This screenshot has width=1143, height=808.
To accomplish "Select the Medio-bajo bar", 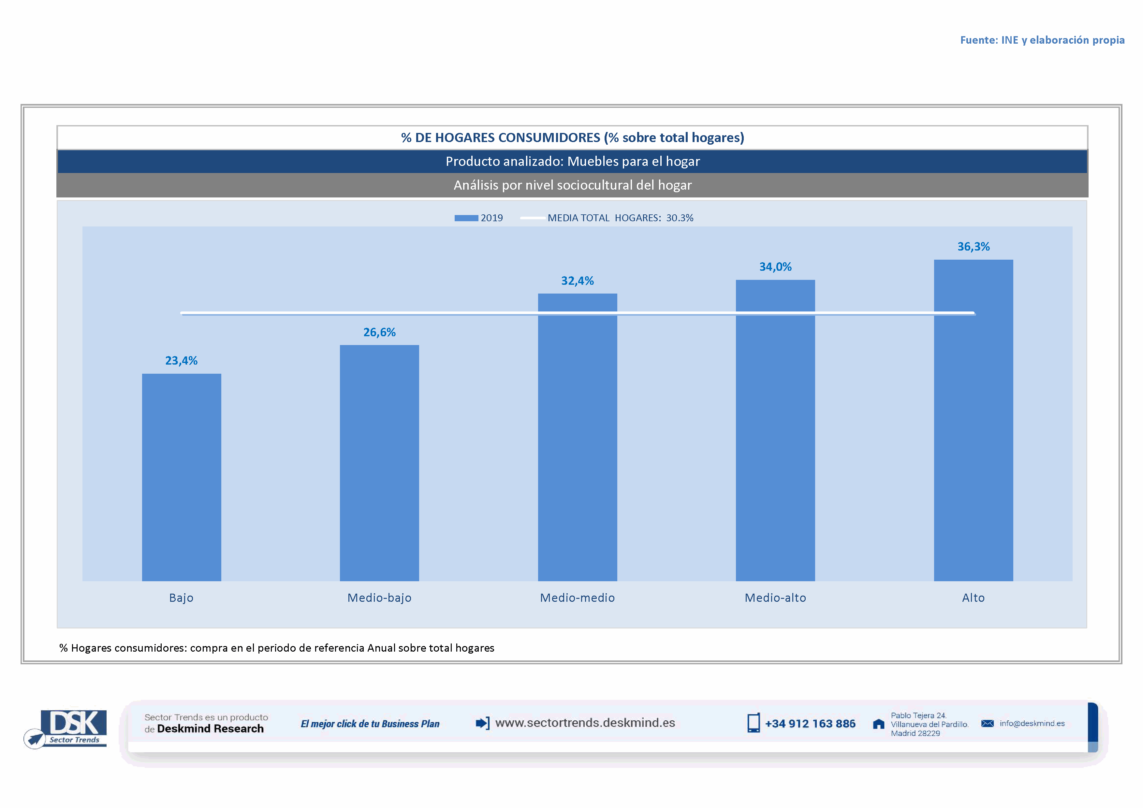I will tap(379, 463).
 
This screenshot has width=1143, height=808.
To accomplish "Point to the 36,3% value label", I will tap(973, 247).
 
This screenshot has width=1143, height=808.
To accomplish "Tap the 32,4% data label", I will tap(578, 281).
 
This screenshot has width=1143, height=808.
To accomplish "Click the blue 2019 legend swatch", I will tap(466, 218).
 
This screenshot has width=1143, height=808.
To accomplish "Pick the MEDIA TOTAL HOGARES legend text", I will tap(620, 218).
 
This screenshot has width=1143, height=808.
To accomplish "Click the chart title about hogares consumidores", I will tap(573, 138).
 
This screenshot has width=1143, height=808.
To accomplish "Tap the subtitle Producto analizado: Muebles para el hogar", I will tap(573, 161).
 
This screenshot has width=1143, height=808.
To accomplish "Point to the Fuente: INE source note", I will tap(1042, 40).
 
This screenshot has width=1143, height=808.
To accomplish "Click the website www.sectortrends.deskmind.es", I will tap(585, 723).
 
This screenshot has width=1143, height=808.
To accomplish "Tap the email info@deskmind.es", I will tap(1032, 723).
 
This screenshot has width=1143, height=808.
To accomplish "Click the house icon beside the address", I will tap(879, 724).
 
